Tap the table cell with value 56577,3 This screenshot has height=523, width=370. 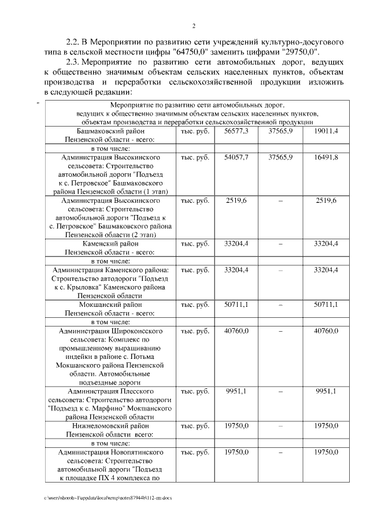[236, 132]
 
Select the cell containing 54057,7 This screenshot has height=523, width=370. [236, 157]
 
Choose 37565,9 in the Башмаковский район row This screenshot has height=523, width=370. [280, 132]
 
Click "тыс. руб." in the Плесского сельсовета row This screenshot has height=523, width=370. [194, 391]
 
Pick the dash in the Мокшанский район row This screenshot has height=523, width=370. [280, 305]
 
